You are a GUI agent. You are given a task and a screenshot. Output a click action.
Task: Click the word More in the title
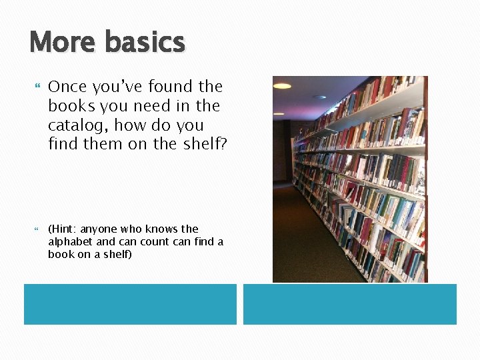(x=63, y=42)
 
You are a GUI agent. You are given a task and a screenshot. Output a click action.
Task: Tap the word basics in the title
(x=145, y=42)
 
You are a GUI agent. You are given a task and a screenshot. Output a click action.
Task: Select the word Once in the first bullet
(x=69, y=87)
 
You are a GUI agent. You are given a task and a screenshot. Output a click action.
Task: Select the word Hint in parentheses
(x=63, y=229)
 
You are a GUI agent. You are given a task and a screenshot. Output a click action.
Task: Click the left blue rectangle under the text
(x=130, y=304)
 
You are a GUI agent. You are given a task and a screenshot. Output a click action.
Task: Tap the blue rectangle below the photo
(x=349, y=304)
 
